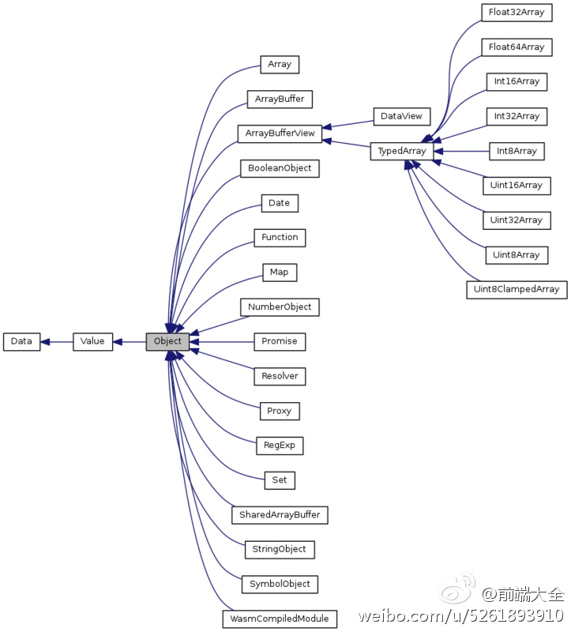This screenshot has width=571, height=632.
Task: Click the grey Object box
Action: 167,341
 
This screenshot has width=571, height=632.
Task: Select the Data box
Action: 21,341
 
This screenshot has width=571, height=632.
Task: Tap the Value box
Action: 93,341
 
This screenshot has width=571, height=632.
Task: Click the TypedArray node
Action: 402,151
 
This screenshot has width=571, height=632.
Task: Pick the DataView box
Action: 401,116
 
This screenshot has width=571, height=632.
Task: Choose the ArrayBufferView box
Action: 280,134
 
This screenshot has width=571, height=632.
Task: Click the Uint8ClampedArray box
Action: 517,289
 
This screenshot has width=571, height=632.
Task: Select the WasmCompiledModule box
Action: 280,618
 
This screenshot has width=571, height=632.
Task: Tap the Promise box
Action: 280,341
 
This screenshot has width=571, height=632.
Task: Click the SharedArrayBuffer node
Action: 280,514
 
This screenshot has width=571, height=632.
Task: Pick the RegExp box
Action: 280,446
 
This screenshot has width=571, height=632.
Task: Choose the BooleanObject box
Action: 280,168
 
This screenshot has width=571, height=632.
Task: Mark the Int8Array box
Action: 517,151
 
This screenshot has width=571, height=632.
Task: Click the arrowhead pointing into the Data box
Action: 45,341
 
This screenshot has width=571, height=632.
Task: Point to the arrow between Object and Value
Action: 130,341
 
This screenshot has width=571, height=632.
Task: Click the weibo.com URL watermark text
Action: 461,616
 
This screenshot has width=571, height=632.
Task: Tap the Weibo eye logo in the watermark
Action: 459,591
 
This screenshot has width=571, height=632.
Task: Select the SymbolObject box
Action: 280,584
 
